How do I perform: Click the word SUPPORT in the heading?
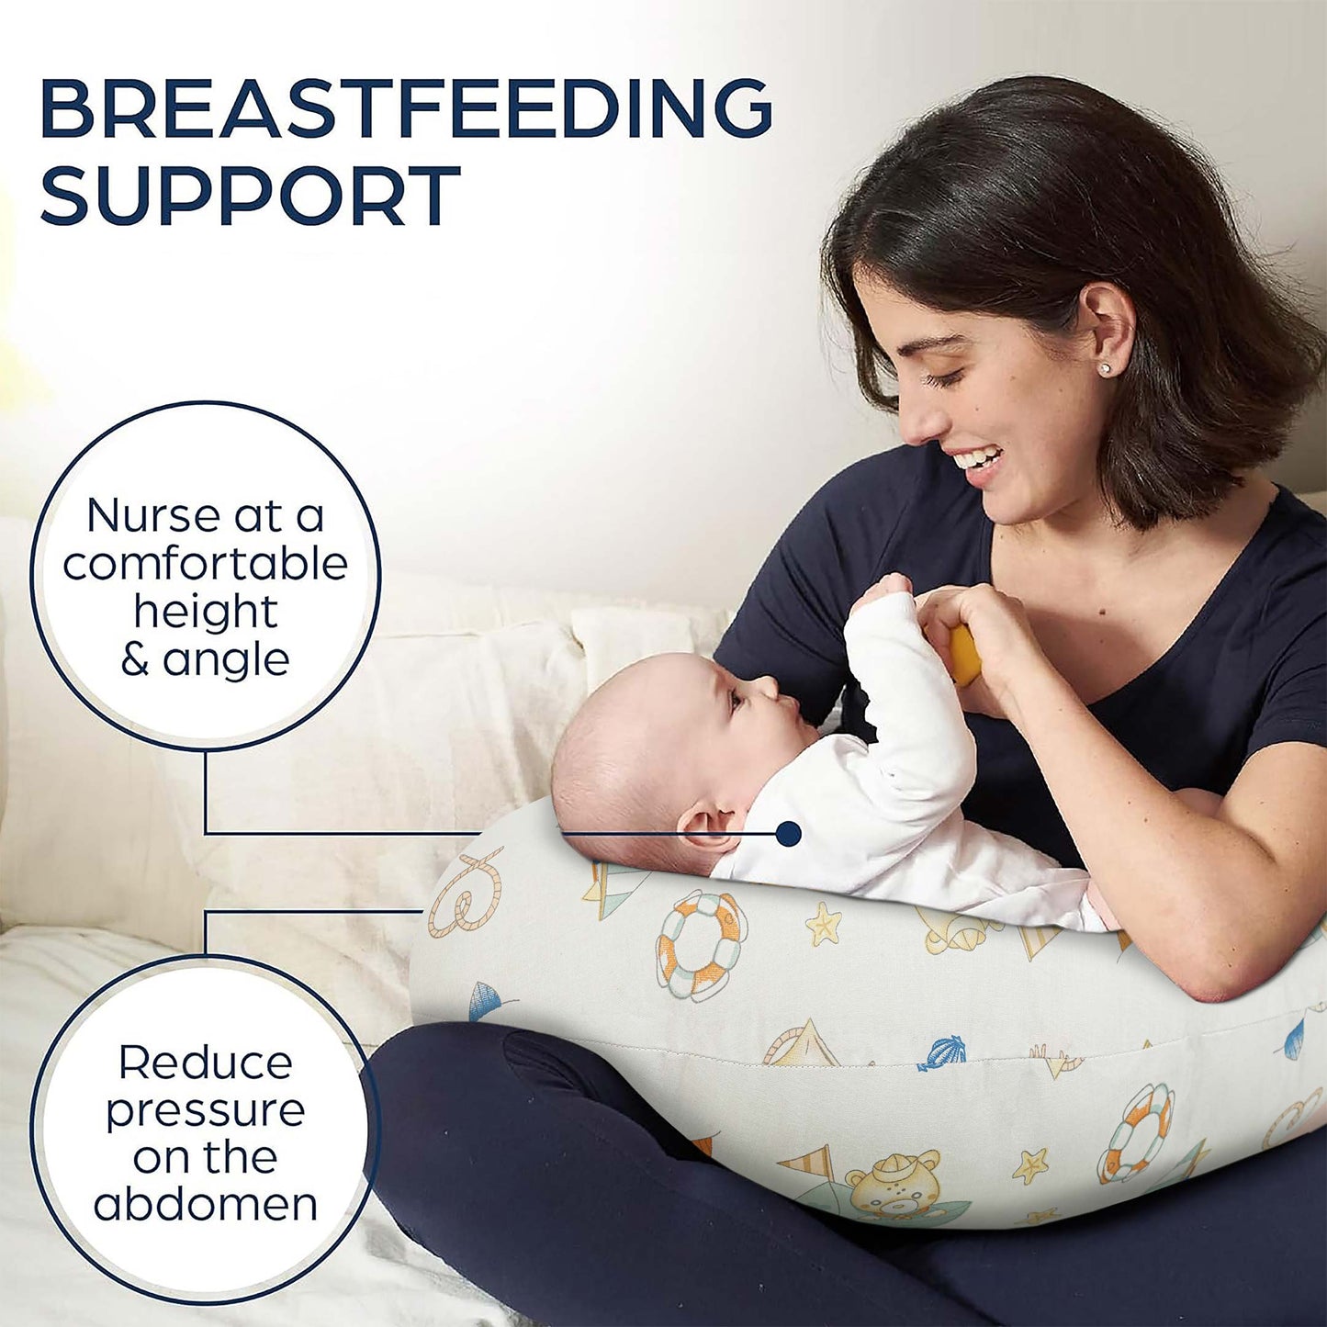[x=250, y=196]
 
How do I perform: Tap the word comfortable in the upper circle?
[x=205, y=564]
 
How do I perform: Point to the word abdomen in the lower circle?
[x=205, y=1204]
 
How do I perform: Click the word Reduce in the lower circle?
[x=205, y=1063]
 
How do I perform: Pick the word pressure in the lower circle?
[x=205, y=1111]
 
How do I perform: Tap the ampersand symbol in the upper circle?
[x=135, y=660]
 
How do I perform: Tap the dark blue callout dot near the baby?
[x=788, y=834]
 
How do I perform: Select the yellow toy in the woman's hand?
[x=964, y=654]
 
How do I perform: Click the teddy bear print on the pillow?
[x=891, y=1185]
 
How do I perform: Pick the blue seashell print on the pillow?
[x=942, y=1052]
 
